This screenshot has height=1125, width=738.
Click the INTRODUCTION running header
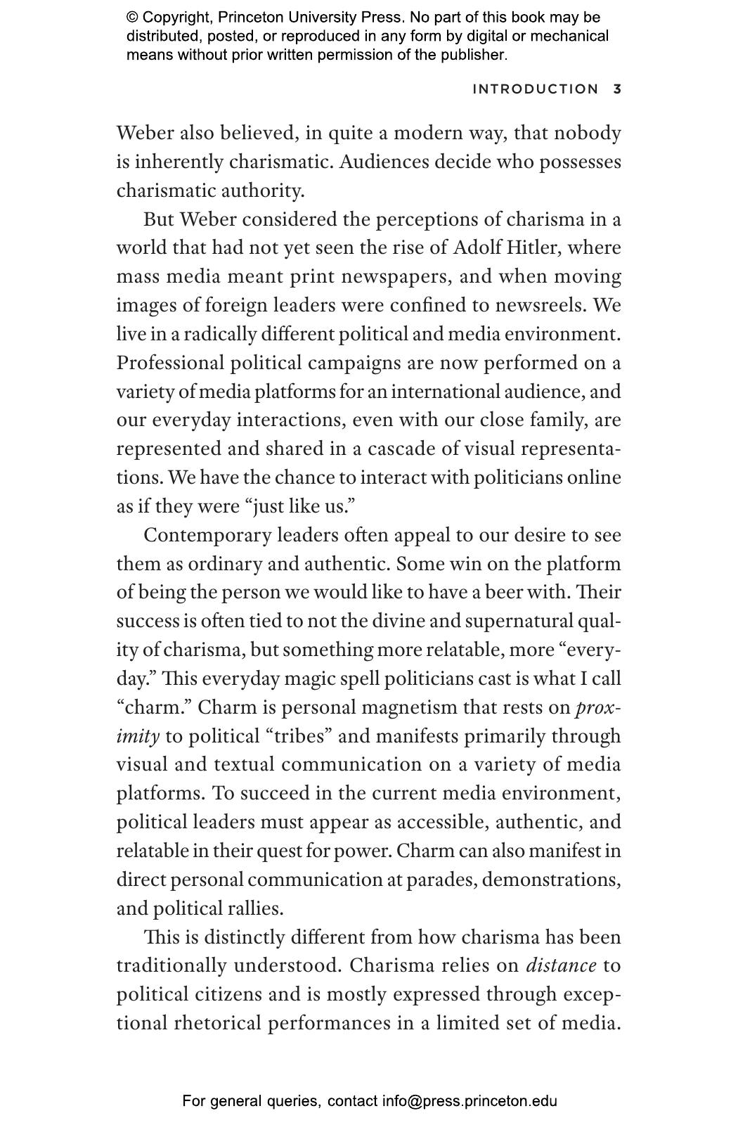point(535,89)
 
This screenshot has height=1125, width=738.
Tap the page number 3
point(617,89)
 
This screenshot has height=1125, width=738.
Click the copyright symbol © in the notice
point(132,18)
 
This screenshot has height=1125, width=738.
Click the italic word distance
point(561,966)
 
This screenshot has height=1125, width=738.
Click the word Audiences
point(384,162)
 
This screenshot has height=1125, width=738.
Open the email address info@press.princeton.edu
point(470,1101)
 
